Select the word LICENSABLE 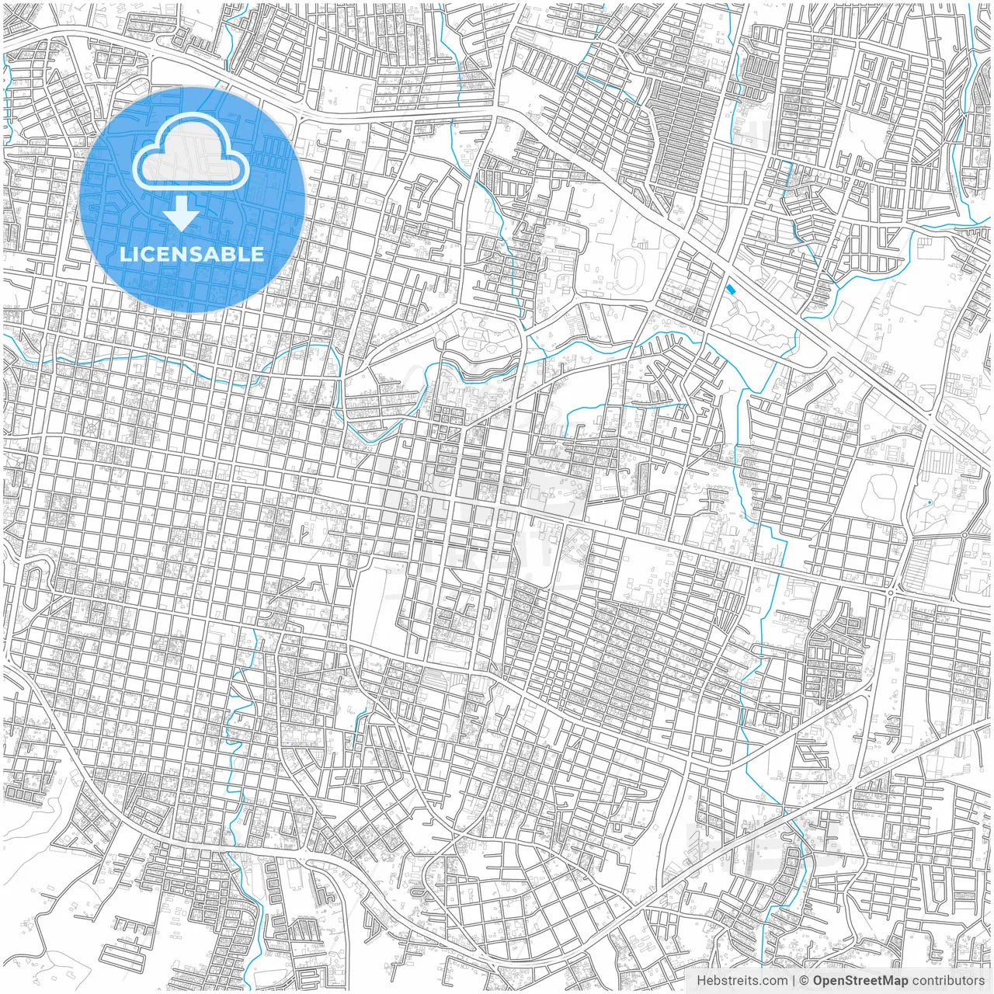(x=192, y=254)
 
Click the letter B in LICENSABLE (x=231, y=254)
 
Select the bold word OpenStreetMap (x=860, y=981)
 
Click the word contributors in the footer (x=948, y=981)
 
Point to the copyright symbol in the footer (x=805, y=981)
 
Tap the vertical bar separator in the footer (x=794, y=981)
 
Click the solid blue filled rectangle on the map (x=729, y=289)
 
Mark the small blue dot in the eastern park (x=930, y=503)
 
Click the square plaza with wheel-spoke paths (x=91, y=428)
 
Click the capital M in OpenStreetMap (x=888, y=981)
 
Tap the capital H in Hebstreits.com (x=701, y=981)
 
